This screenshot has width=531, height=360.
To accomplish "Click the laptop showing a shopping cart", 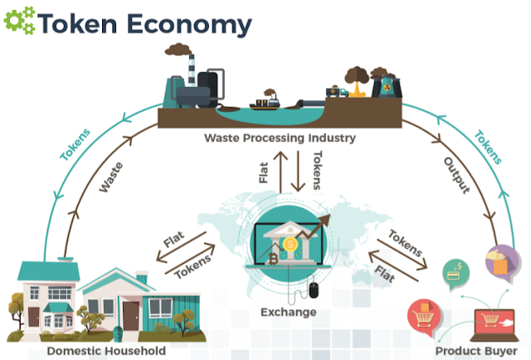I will tap(496, 321).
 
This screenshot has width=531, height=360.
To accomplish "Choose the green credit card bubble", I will tap(455, 271).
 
